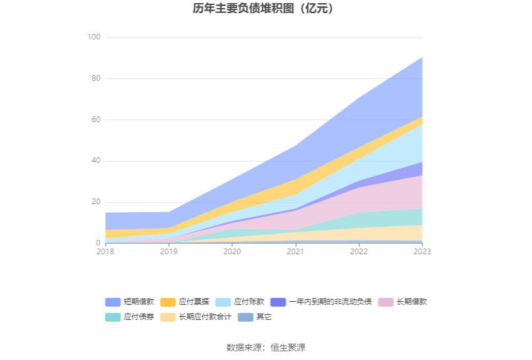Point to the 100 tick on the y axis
click(93, 38)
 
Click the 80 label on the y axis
click(95, 79)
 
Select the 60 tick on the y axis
click(95, 120)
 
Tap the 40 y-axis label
click(95, 161)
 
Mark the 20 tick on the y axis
click(95, 202)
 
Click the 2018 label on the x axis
click(105, 252)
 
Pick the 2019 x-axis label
click(168, 252)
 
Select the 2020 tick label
click(232, 252)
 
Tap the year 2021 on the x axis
click(295, 252)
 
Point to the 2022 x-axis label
click(359, 252)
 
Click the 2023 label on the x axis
click(422, 252)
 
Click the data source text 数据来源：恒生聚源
click(265, 347)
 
